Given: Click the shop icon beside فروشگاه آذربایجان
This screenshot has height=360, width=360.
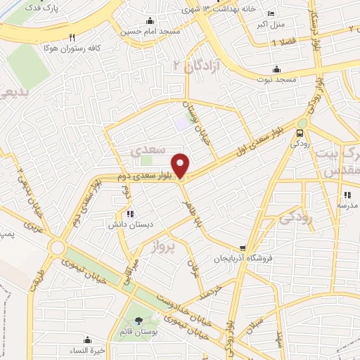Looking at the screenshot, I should pyautogui.click(x=243, y=248).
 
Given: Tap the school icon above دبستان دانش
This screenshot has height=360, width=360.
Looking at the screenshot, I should pyautogui.click(x=129, y=214).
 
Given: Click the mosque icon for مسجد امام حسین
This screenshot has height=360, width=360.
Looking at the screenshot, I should pyautogui.click(x=149, y=21).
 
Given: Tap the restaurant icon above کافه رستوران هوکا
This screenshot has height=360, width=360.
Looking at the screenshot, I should pyautogui.click(x=72, y=38).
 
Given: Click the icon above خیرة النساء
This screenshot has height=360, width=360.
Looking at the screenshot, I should pyautogui.click(x=87, y=339).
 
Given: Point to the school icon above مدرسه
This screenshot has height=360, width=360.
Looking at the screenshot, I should pyautogui.click(x=347, y=195).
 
